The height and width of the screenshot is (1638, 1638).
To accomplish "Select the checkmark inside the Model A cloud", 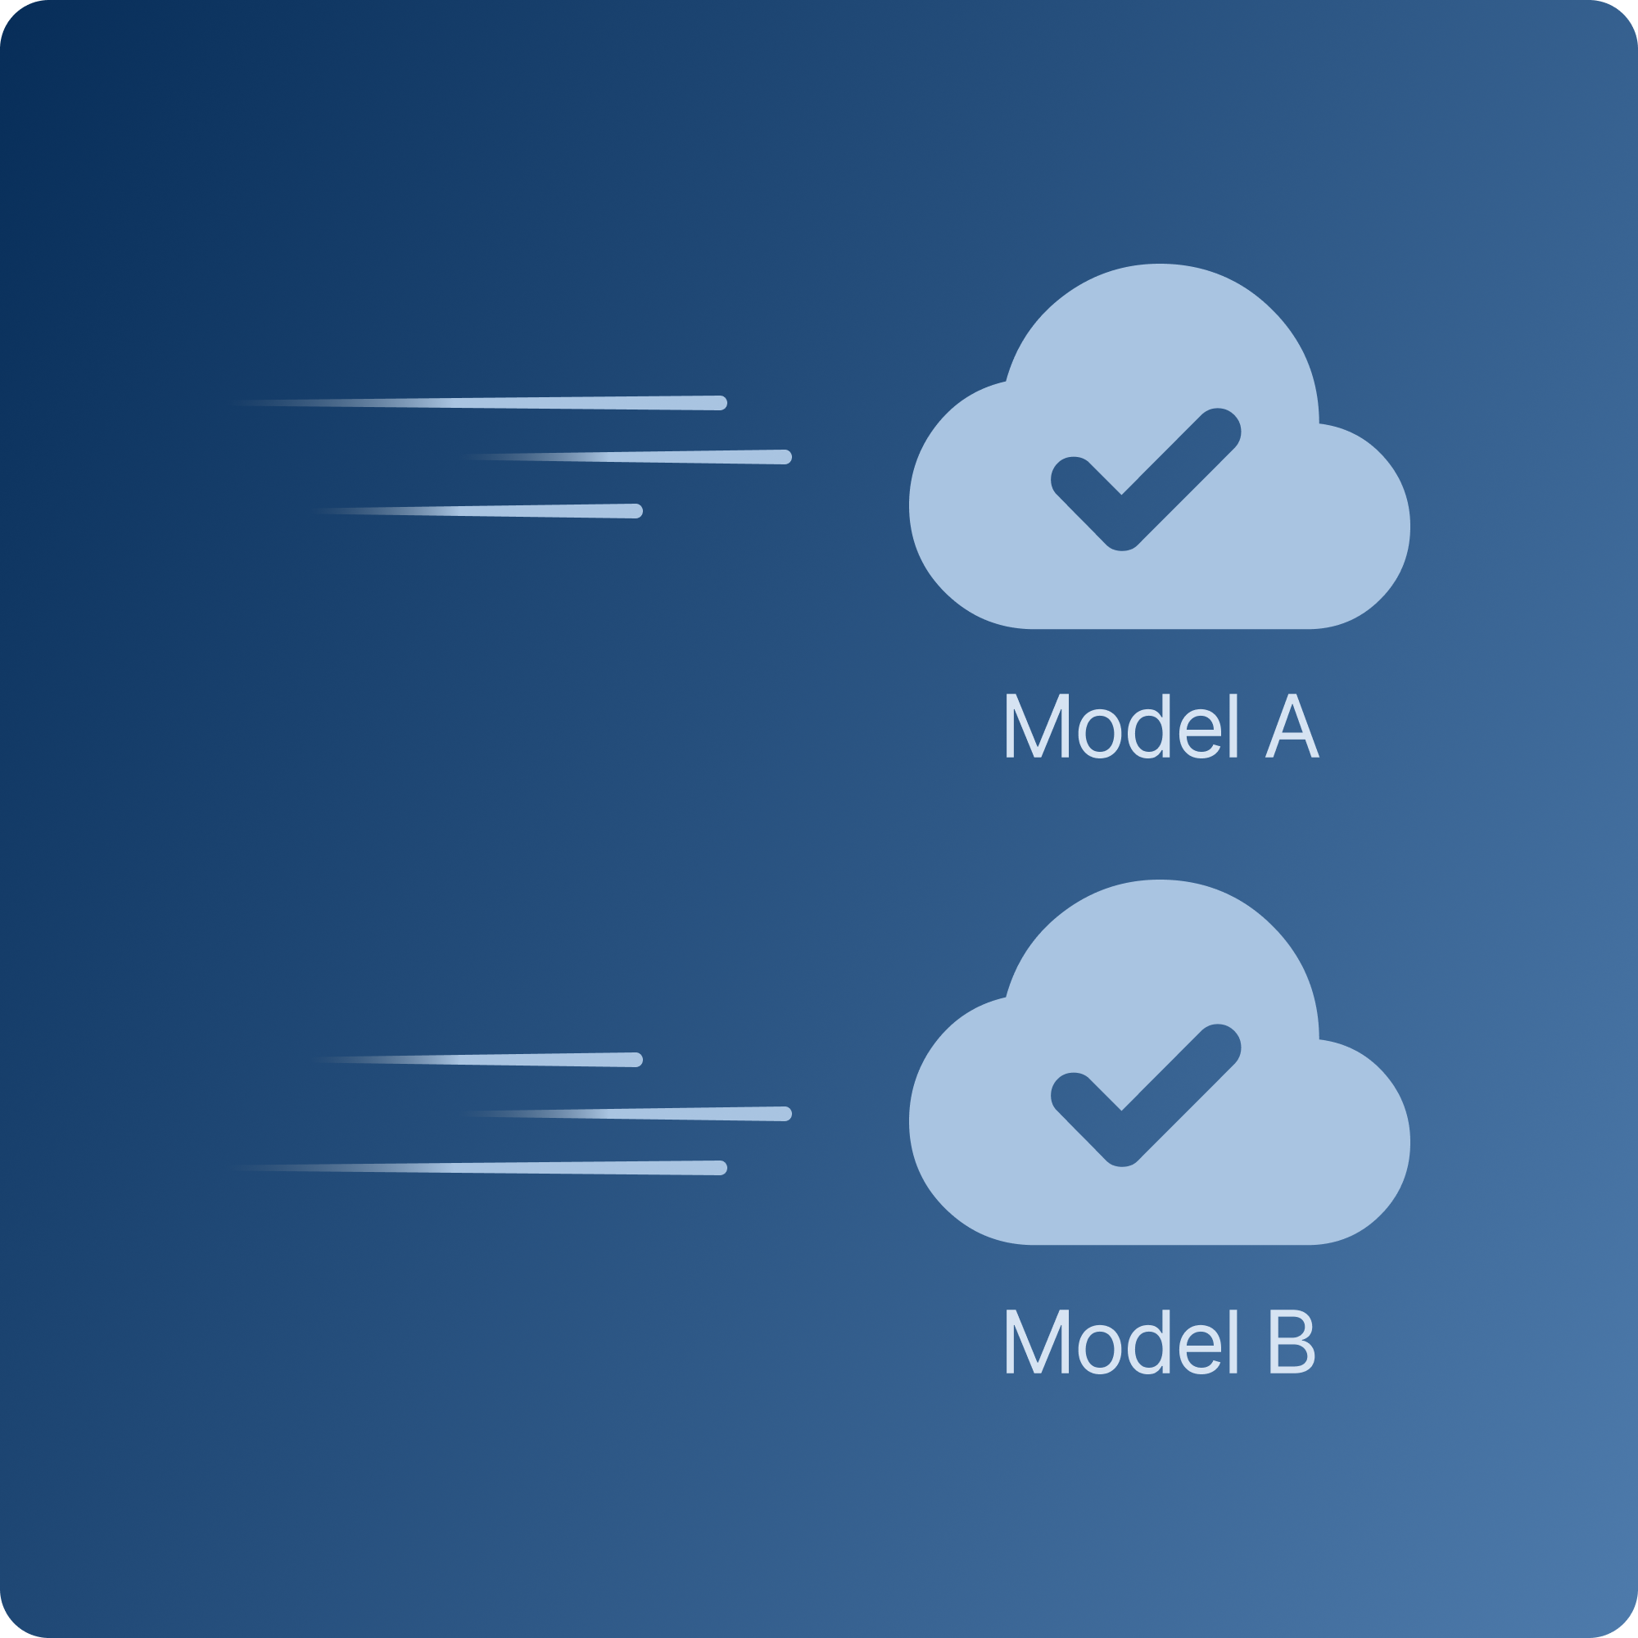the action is click(1146, 479).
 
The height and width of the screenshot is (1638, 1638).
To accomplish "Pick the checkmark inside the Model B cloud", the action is click(1146, 1095).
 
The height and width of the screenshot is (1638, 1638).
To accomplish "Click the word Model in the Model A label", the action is click(1122, 726).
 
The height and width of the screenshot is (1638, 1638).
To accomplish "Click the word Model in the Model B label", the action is click(1122, 1343).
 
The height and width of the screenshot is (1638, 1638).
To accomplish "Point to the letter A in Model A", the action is click(1292, 726).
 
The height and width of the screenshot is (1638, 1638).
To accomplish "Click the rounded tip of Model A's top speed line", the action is click(720, 403).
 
